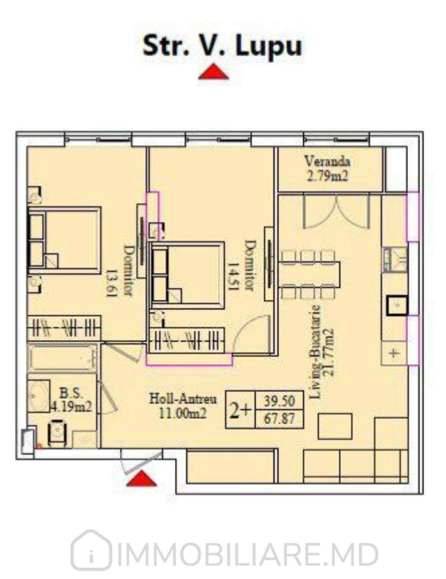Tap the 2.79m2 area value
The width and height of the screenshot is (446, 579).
[327, 176]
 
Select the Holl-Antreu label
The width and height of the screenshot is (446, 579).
[183, 399]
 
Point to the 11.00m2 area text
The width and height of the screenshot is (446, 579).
[183, 413]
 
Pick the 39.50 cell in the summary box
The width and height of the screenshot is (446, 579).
[279, 401]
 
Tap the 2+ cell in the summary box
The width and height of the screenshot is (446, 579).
[240, 411]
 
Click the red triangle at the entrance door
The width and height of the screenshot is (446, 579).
[141, 478]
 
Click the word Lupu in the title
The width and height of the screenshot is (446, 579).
[269, 46]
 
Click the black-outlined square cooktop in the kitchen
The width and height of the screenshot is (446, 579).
[397, 305]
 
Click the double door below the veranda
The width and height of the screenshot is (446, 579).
[337, 212]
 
